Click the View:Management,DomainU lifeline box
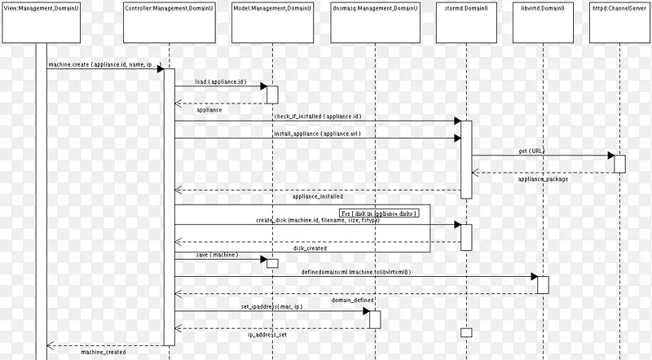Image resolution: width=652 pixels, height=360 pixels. tap(42, 21)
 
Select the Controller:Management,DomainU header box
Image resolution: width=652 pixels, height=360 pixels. tap(169, 21)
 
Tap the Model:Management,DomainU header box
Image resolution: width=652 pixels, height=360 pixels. tap(273, 21)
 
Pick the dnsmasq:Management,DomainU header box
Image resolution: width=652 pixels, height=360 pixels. tap(374, 21)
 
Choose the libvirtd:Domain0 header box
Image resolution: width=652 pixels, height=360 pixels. tap(542, 21)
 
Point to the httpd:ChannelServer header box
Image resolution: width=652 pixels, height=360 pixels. tap(619, 21)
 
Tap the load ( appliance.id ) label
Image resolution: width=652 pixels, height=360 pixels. tap(220, 81)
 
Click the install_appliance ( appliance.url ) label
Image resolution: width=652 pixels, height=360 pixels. tap(317, 133)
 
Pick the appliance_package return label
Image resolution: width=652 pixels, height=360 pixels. tap(543, 179)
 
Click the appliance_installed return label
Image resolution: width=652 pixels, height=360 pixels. tap(317, 196)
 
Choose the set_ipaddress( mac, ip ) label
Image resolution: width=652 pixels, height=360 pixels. tap(271, 306)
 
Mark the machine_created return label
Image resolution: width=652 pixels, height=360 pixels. tap(103, 352)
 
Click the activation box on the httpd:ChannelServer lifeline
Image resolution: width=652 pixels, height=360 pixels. tap(619, 163)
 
